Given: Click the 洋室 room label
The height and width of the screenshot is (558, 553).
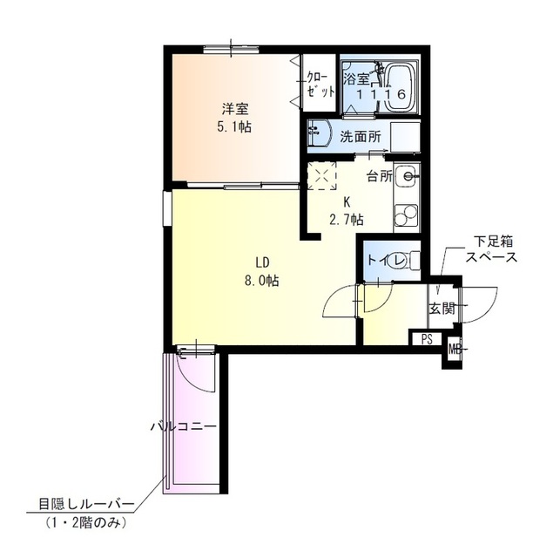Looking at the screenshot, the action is pyautogui.click(x=235, y=109).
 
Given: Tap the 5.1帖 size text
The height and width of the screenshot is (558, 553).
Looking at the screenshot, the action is pyautogui.click(x=234, y=126).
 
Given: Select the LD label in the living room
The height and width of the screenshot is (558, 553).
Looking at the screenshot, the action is pyautogui.click(x=262, y=262).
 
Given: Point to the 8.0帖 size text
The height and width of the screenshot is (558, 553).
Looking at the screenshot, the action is pyautogui.click(x=261, y=281).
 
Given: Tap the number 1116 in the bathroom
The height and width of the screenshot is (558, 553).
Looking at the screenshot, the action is pyautogui.click(x=381, y=94).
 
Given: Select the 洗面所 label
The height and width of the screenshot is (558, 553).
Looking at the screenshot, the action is pyautogui.click(x=361, y=137).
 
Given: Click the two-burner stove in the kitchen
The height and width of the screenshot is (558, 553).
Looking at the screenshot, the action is pyautogui.click(x=406, y=215).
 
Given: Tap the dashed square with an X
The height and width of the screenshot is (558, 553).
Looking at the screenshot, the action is pyautogui.click(x=321, y=176).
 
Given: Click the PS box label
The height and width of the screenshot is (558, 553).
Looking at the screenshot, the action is pyautogui.click(x=427, y=339).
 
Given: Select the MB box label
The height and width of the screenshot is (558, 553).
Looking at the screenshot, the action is pyautogui.click(x=454, y=349).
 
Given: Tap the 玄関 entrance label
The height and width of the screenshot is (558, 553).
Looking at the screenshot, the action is pyautogui.click(x=442, y=308).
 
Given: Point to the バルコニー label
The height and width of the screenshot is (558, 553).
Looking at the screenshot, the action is pyautogui.click(x=184, y=426).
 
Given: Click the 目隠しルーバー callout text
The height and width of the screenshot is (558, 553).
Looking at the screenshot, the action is pyautogui.click(x=86, y=504).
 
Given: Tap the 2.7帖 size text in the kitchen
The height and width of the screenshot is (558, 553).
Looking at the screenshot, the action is pyautogui.click(x=347, y=220).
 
